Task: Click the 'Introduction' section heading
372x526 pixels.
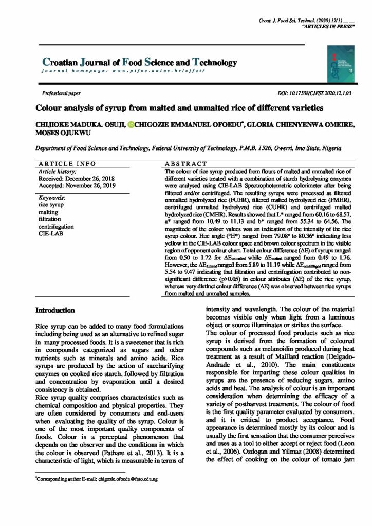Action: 55,311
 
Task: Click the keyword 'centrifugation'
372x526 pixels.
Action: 56,226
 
